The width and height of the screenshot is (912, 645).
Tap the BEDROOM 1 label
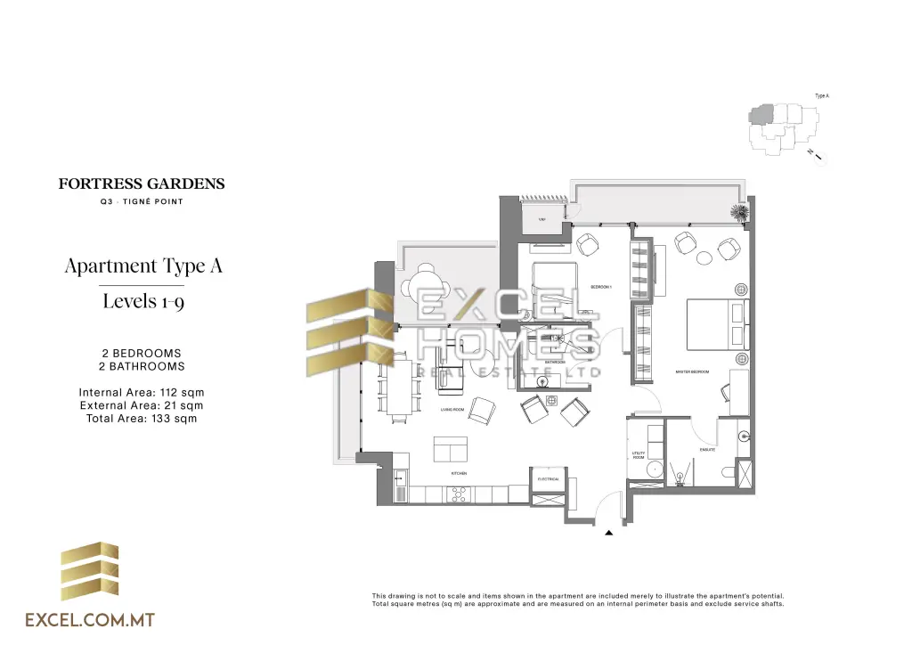(601, 287)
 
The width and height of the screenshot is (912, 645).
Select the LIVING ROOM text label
(452, 410)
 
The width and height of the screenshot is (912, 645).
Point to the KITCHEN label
(459, 474)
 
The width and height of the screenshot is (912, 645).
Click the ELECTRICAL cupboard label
(548, 479)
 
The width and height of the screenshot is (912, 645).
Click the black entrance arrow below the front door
(609, 533)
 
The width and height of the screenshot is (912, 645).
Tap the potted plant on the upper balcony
(739, 213)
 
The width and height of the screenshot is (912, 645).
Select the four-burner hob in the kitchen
(460, 493)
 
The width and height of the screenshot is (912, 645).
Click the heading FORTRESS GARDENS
(142, 184)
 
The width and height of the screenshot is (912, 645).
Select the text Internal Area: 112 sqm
(142, 392)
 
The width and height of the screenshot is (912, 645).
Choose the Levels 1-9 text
(143, 301)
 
